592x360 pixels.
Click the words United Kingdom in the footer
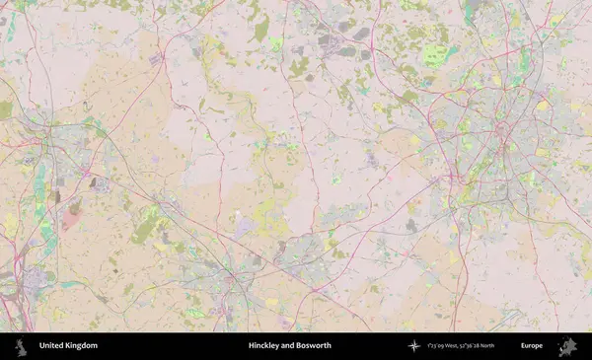tap(68, 346)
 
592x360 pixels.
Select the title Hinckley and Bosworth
tap(289, 346)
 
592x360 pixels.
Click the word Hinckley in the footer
tap(264, 346)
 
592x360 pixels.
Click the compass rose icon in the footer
tap(413, 346)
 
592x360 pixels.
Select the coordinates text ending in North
tap(461, 346)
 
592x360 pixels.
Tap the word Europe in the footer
tap(532, 346)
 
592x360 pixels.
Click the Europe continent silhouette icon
tap(567, 346)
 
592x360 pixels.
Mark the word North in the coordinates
tap(486, 346)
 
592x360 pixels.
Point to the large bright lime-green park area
tap(436, 54)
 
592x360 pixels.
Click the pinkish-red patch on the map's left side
tap(71, 214)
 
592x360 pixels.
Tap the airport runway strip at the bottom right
tap(509, 317)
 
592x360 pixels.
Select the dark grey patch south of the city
tap(410, 226)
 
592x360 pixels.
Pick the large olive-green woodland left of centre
tap(145, 230)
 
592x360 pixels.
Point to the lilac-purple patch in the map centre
tap(244, 229)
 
